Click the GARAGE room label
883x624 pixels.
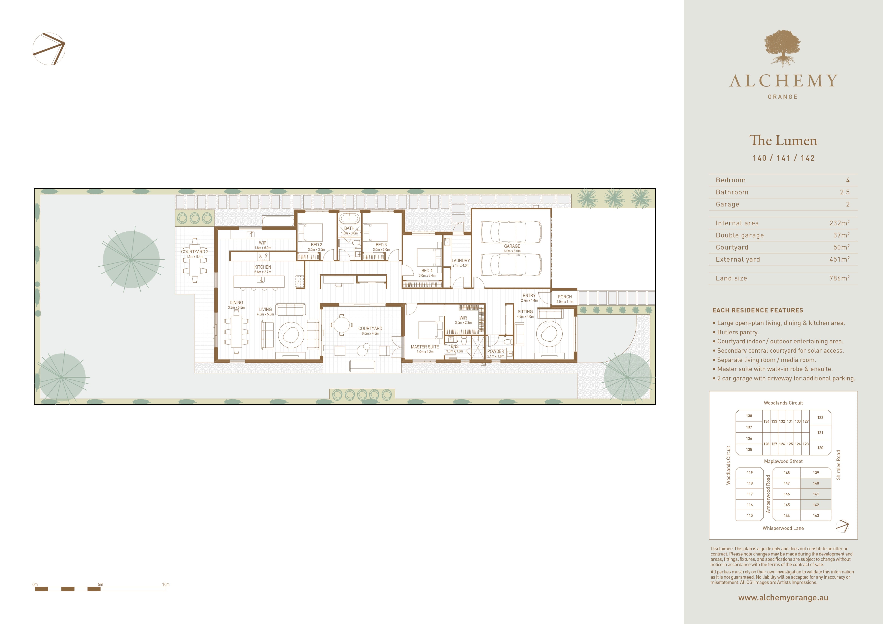point(512,246)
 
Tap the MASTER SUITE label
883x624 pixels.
point(425,347)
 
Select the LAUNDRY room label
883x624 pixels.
point(461,260)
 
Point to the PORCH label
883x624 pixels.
point(565,297)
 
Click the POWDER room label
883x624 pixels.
point(495,351)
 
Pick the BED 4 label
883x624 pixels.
point(427,271)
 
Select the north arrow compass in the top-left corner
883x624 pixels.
point(49,49)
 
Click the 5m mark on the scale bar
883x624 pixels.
point(100,584)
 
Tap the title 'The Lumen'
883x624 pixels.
point(783,140)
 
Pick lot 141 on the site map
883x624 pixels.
point(816,494)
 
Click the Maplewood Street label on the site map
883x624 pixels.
point(783,461)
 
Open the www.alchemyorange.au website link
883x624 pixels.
point(783,598)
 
